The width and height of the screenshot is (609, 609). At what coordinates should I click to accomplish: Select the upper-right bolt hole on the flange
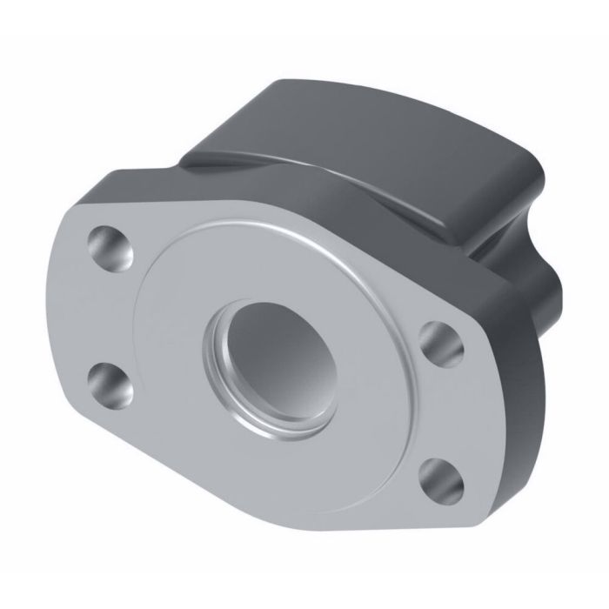(x=440, y=340)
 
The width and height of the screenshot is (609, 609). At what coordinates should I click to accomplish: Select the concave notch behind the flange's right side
(x=509, y=261)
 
